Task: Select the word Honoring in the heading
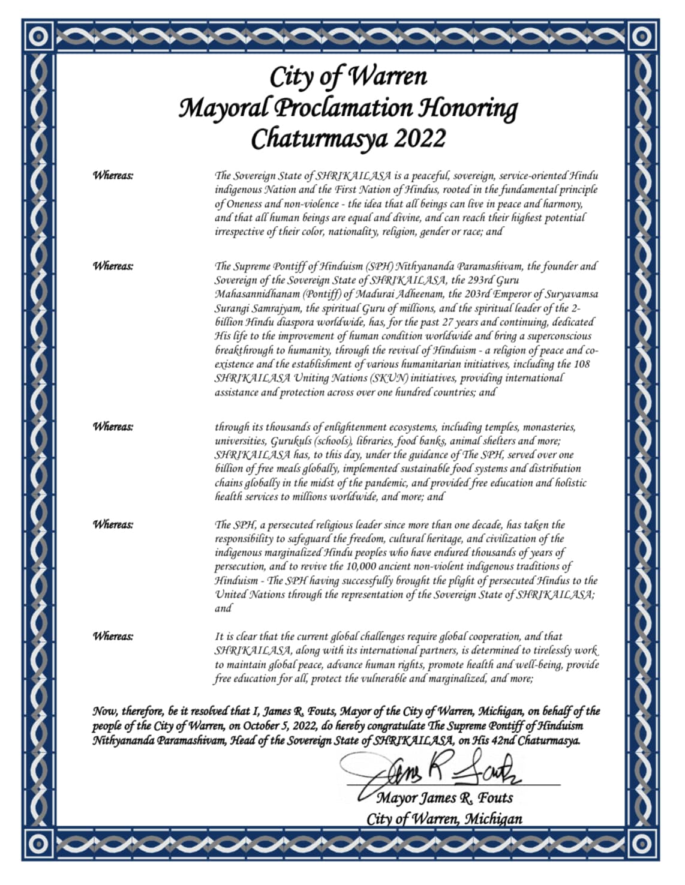click(x=467, y=109)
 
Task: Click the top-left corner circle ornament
click(x=40, y=37)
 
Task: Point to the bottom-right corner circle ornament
click(x=643, y=844)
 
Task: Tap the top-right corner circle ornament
click(x=643, y=37)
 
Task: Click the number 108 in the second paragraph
click(x=581, y=364)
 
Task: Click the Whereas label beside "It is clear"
click(x=113, y=636)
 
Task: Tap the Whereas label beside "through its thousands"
click(x=113, y=427)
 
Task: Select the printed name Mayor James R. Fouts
click(x=444, y=799)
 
